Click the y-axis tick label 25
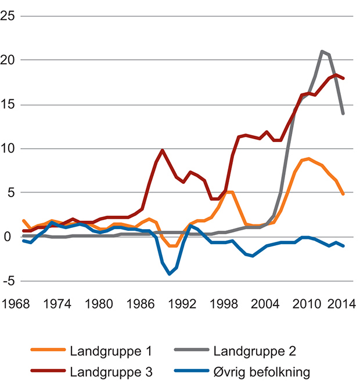(x=8, y=16)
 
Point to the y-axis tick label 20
(x=8, y=60)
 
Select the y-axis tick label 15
(x=8, y=104)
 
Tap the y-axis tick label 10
(x=8, y=148)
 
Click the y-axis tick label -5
(x=8, y=281)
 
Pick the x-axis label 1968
(x=16, y=304)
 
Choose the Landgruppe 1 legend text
(x=103, y=351)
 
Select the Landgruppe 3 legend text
(x=103, y=372)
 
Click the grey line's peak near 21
(x=322, y=51)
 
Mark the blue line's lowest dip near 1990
(x=170, y=274)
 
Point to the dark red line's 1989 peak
(x=163, y=150)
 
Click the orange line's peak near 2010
(x=308, y=158)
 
